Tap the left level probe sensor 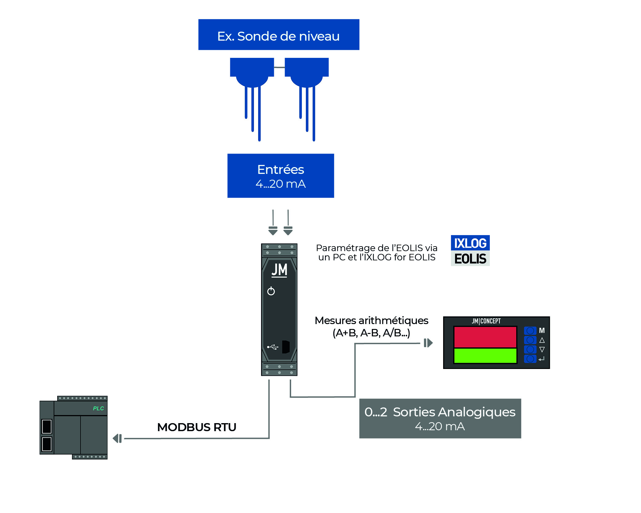coord(252,74)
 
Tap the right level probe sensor coord(306,74)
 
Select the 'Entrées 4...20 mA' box coord(280,176)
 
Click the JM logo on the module coord(279,270)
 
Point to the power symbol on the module coord(271,291)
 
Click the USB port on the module coord(286,347)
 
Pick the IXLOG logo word coord(470,243)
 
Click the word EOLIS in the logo coord(470,259)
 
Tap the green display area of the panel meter coord(485,356)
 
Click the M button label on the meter coord(542,331)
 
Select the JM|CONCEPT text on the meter coord(486,321)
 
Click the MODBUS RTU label coord(197,427)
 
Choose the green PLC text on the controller coord(98,408)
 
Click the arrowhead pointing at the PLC coord(117,438)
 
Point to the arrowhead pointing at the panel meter coord(428,343)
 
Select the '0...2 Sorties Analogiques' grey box coord(440,418)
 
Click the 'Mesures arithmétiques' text coord(371,321)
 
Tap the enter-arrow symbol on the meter coord(542,359)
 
